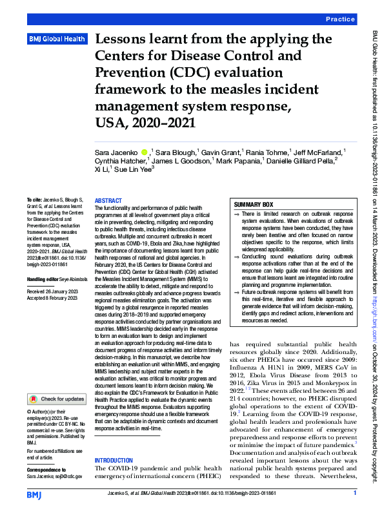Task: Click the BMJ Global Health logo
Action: coord(57,39)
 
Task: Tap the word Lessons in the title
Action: coord(126,40)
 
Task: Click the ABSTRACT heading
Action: coord(108,201)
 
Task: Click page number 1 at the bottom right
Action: coord(355,494)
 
